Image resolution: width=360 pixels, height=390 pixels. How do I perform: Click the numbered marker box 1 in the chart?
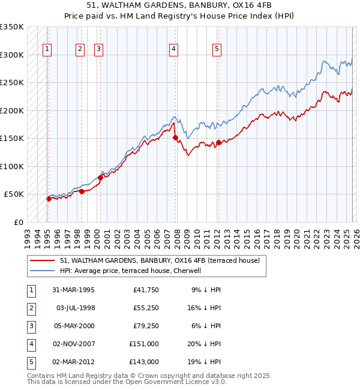(x=47, y=50)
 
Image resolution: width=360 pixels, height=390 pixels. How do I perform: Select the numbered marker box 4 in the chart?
(x=173, y=50)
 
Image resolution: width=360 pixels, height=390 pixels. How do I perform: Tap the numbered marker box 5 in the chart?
(x=216, y=50)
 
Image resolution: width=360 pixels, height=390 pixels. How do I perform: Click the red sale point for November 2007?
(x=175, y=138)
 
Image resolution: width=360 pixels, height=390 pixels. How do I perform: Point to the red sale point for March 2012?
(x=218, y=142)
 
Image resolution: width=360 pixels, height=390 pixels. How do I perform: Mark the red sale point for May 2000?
(x=100, y=178)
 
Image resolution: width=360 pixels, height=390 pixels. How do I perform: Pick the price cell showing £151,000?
(x=144, y=344)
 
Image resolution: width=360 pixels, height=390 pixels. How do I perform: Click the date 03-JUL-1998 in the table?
(x=77, y=308)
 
